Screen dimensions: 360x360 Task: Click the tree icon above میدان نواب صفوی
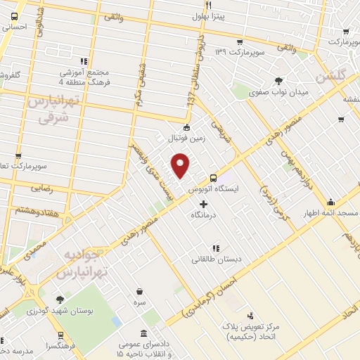279,81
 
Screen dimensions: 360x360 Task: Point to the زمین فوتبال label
187,139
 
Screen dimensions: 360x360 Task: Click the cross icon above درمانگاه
204,204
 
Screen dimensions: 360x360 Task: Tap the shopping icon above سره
140,290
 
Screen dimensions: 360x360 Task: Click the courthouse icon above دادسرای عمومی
144,333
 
